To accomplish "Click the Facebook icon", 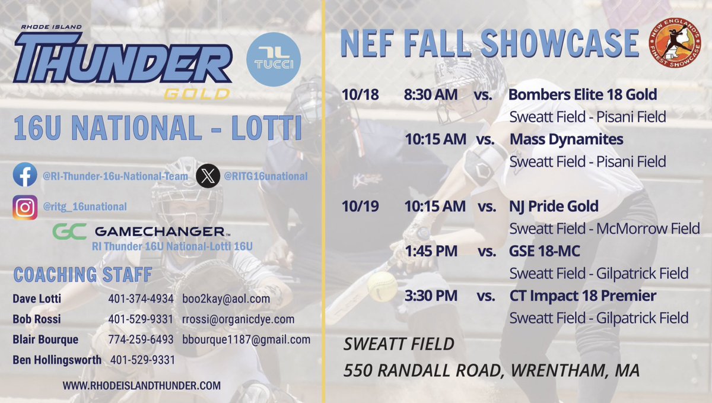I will coord(25,176).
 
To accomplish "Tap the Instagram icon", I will coord(25,207).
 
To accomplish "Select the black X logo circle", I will coord(208,176).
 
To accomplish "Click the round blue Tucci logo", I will coord(273,59).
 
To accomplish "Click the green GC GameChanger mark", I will coord(69,231).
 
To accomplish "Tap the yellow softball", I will coord(382,287).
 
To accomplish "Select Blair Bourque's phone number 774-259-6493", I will coord(141,340).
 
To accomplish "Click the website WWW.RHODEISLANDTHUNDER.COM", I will coord(141,385).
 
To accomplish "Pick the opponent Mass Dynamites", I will coord(567,139).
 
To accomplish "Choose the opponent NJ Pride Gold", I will coord(554,207).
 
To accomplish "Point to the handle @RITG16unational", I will coord(265,176).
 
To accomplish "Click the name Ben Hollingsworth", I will coord(56,360).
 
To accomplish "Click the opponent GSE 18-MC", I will coord(544,251).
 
